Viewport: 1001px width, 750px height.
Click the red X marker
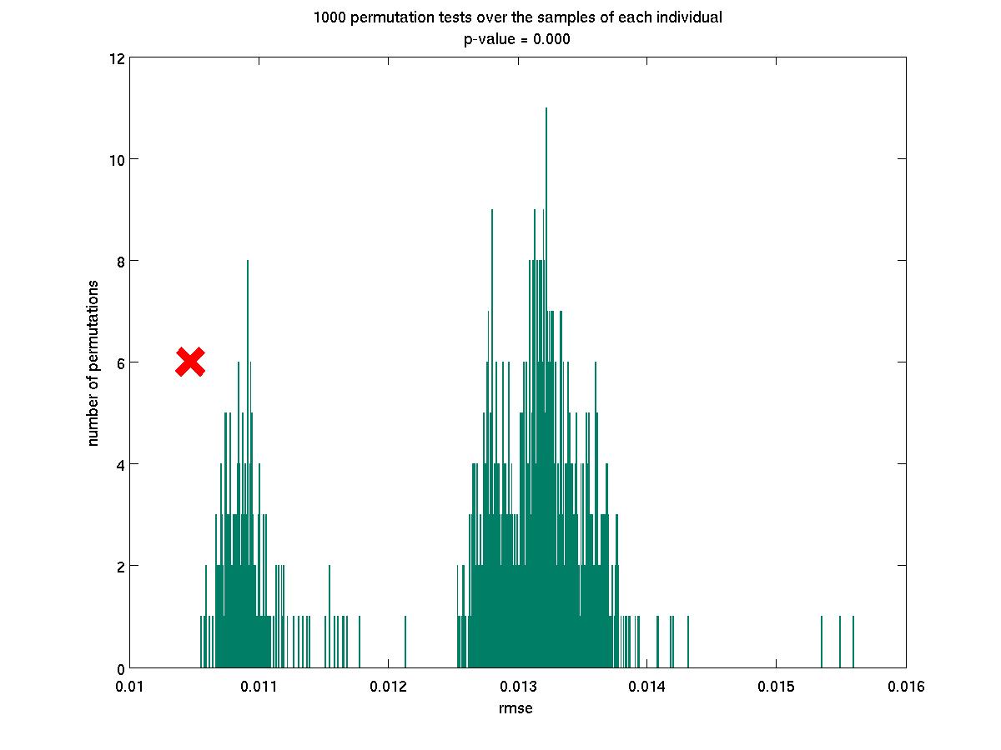(x=190, y=362)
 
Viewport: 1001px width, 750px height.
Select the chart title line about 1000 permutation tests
(x=517, y=17)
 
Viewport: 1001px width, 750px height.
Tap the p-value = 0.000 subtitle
(x=517, y=39)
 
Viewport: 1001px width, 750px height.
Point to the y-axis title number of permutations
(x=93, y=362)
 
